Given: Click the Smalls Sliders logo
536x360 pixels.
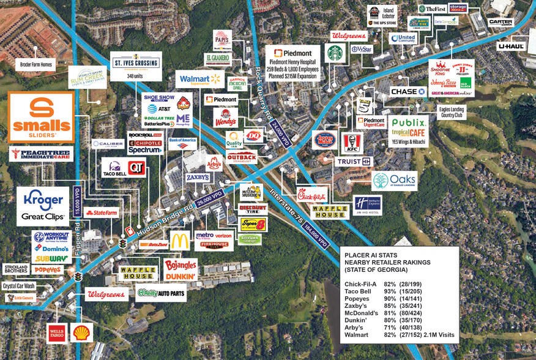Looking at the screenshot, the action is coord(42,118).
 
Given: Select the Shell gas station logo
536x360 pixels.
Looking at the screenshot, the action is coord(80,333).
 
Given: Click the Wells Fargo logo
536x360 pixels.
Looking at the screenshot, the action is coord(57,333).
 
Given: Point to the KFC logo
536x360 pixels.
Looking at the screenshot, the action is coord(352,141).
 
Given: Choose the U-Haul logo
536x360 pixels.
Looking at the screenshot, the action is coord(512,46).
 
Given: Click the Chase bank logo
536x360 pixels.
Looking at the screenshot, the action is coord(408,91).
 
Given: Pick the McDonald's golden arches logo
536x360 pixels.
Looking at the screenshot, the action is coord(179,241).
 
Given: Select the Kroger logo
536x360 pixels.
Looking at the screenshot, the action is coord(42,198).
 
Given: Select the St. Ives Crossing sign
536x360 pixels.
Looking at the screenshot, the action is coord(135,61).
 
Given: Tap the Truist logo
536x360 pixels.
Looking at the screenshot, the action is coord(352,161).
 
